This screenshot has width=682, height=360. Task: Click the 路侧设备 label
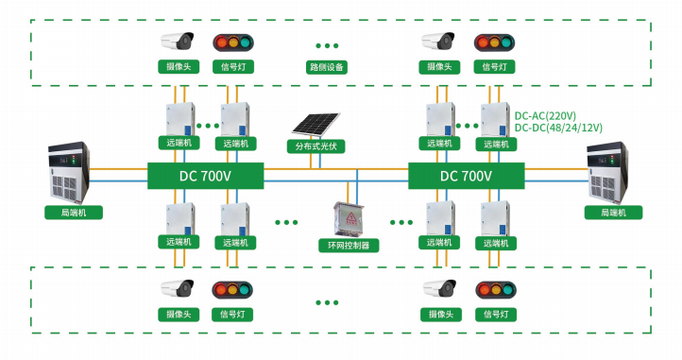tap(327, 67)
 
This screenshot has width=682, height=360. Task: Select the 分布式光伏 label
tap(315, 146)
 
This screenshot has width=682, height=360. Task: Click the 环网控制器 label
tap(349, 245)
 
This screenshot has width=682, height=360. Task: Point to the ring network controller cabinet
tap(349, 219)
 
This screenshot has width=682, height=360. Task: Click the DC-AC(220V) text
tap(545, 116)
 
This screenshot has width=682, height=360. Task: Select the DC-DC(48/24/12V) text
tap(558, 128)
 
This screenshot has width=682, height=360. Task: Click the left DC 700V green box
tap(205, 176)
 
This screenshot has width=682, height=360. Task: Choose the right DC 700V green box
tap(467, 176)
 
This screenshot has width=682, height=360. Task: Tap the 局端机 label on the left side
tap(74, 213)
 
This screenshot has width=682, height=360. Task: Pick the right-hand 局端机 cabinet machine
tap(607, 172)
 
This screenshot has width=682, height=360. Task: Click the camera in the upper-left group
tap(178, 42)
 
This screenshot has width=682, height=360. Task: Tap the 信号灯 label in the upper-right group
tap(494, 66)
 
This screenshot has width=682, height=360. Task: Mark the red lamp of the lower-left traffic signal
tap(221, 290)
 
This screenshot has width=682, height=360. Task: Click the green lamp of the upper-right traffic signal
tap(506, 43)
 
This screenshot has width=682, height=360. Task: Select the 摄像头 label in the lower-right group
tap(441, 315)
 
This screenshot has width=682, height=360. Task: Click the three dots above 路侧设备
tap(327, 45)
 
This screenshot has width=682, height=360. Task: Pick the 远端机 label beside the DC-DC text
tap(496, 144)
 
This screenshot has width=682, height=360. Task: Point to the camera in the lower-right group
tap(440, 288)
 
